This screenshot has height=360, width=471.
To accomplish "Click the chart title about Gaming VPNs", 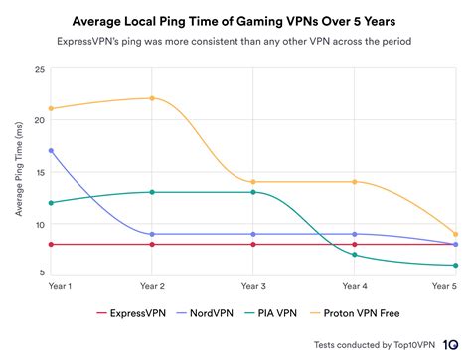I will (x=235, y=19).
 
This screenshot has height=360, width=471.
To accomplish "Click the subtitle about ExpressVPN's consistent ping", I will (x=235, y=42).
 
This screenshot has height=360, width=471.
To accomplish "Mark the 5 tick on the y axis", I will (x=40, y=272).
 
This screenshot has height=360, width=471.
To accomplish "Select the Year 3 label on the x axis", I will (x=252, y=286).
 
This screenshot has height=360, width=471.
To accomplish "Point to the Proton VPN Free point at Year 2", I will (x=152, y=98).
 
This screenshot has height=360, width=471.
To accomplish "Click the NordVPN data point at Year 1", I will (x=51, y=150).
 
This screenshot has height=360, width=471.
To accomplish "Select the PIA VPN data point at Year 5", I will (x=455, y=265).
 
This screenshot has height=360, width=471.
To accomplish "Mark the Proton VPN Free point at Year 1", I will (x=51, y=109).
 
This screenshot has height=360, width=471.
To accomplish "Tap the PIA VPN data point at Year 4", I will (x=354, y=255).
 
